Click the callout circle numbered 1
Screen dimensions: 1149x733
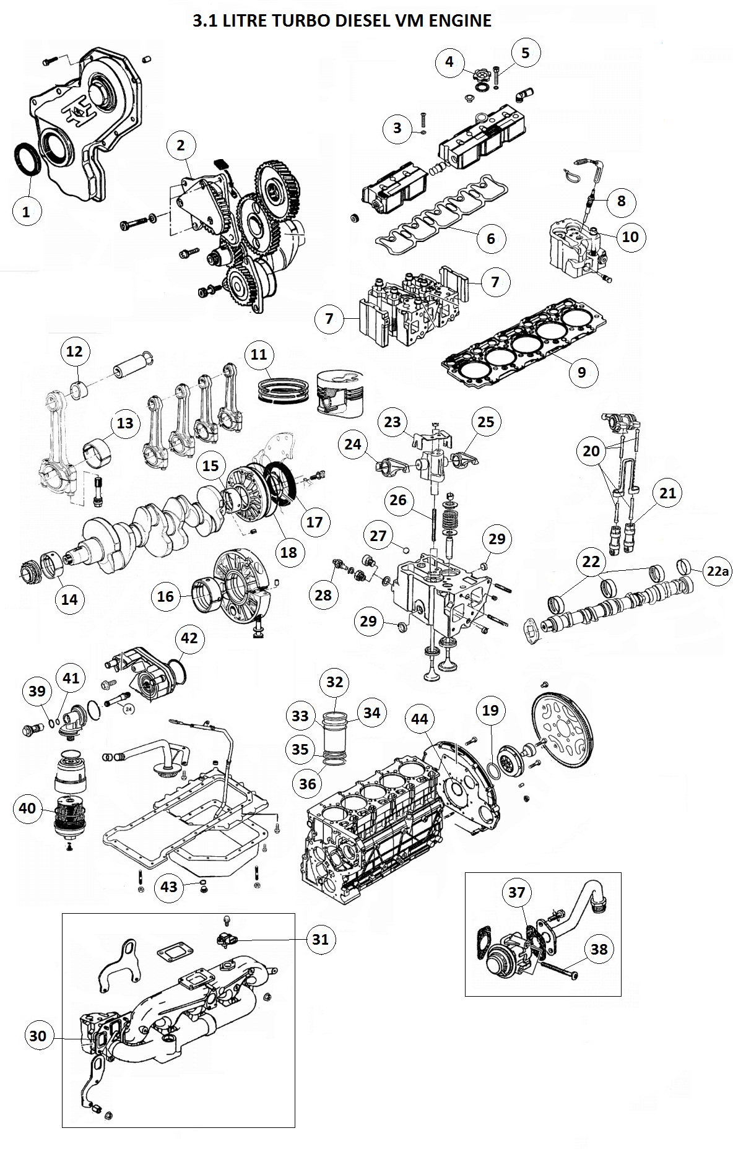(x=26, y=211)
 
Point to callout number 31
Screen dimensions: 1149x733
(x=320, y=939)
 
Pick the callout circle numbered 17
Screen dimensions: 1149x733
(x=314, y=522)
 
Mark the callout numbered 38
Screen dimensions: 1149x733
(x=599, y=949)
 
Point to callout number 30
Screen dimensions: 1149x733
(x=38, y=1036)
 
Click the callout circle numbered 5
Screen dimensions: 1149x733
(x=525, y=53)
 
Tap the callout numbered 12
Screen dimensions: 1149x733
(x=74, y=352)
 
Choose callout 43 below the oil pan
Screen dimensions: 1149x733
(x=169, y=887)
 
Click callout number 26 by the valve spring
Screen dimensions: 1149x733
(x=398, y=500)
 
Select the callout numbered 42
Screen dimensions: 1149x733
(x=189, y=638)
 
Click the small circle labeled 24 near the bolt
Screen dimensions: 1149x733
(x=129, y=709)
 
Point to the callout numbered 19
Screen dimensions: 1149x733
(x=490, y=710)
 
